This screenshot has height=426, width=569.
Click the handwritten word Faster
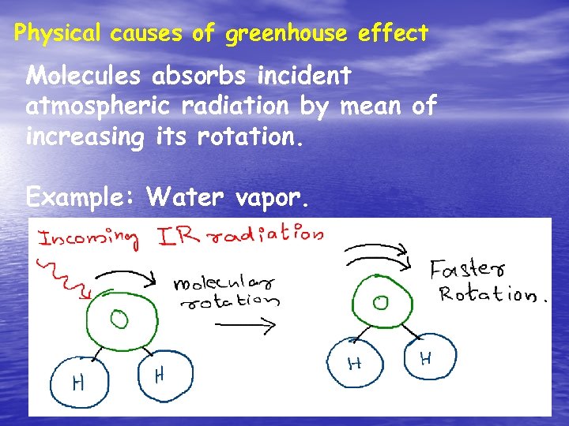pos(465,269)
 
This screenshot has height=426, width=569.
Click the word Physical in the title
pos(58,34)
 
